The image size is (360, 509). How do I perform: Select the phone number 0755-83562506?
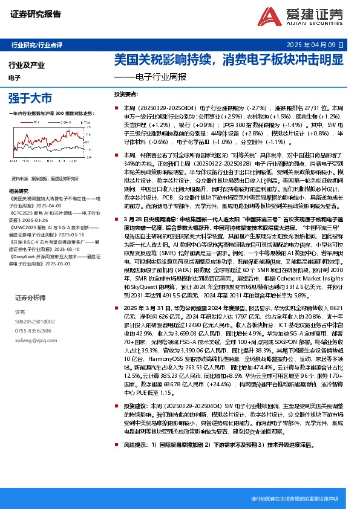pyautogui.click(x=33, y=331)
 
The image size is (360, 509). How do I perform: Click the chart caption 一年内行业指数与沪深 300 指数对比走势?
pyautogui.click(x=52, y=114)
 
